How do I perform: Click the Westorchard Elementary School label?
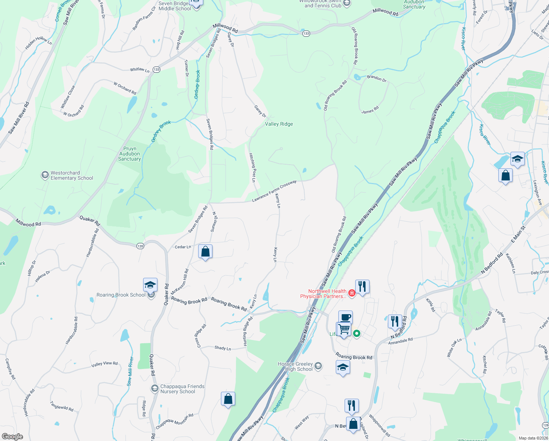pyautogui.click(x=72, y=175)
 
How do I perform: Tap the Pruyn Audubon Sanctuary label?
pyautogui.click(x=130, y=154)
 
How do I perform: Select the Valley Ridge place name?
pyautogui.click(x=279, y=124)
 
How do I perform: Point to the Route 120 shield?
pyautogui.click(x=140, y=246)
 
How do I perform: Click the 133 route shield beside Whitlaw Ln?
pyautogui.click(x=157, y=69)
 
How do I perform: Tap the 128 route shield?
pyautogui.click(x=545, y=424)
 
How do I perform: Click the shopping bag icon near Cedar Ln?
pyautogui.click(x=205, y=252)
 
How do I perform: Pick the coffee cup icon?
pyautogui.click(x=345, y=317)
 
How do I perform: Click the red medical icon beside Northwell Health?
pyautogui.click(x=352, y=293)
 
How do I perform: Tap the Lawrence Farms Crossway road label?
pyautogui.click(x=274, y=191)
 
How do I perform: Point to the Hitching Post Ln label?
pyautogui.click(x=252, y=168)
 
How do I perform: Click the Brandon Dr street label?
pyautogui.click(x=377, y=79)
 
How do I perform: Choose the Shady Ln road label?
pyautogui.click(x=223, y=348)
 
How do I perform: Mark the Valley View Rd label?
pyautogui.click(x=105, y=364)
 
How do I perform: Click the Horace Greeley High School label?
pyautogui.click(x=295, y=366)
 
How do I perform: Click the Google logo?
pyautogui.click(x=12, y=437)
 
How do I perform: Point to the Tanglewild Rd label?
pyautogui.click(x=62, y=406)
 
